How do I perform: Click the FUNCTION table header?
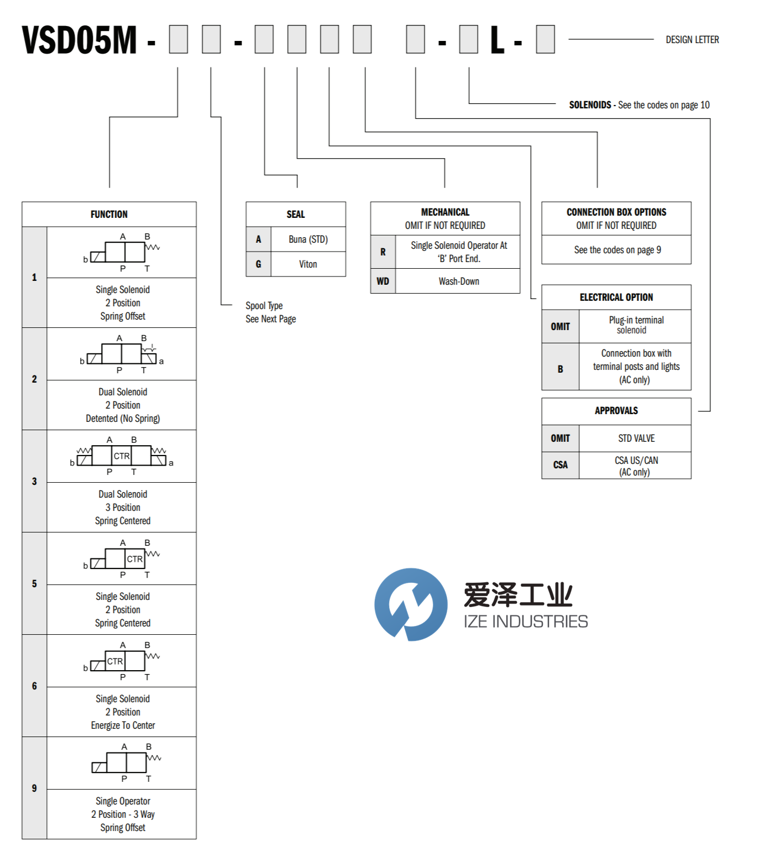tap(109, 215)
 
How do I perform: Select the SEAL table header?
tap(296, 215)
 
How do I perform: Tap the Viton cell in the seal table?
tap(308, 264)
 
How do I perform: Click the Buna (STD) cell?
tap(308, 239)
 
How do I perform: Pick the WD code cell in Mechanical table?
tap(383, 281)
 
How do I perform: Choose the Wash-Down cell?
tap(459, 281)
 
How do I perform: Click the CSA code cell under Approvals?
tap(560, 465)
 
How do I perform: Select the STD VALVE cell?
tap(636, 438)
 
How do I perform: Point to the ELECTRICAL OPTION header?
tap(616, 297)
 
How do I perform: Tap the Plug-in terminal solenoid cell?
tap(636, 325)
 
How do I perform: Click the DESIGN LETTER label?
tap(692, 40)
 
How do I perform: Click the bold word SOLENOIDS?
tap(590, 105)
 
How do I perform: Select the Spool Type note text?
tap(264, 306)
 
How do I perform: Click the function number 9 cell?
tap(34, 788)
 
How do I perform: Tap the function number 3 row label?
tap(34, 481)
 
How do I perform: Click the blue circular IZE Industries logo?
tap(411, 604)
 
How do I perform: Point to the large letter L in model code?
tap(498, 40)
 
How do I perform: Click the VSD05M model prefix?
tap(79, 40)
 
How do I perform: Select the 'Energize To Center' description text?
tap(123, 725)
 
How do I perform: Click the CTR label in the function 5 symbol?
tap(134, 559)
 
